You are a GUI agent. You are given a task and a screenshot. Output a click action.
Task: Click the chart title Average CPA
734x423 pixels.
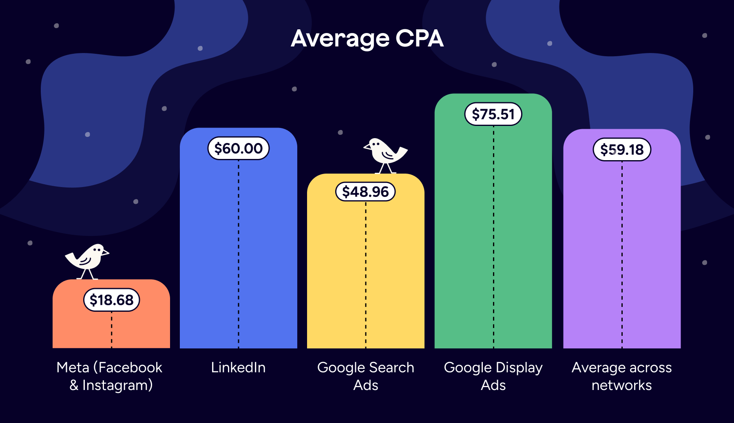[x=367, y=39]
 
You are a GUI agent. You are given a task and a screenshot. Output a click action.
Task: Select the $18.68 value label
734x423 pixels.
[x=111, y=300]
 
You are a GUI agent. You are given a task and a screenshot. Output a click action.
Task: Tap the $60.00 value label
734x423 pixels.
[x=239, y=148]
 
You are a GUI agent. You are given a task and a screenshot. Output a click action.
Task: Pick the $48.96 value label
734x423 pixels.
[x=365, y=192]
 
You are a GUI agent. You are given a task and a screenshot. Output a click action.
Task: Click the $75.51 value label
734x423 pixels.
[x=493, y=114]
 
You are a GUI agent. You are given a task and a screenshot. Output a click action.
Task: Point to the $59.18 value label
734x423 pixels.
[x=622, y=150]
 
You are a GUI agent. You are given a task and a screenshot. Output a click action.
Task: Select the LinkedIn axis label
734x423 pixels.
[x=238, y=368]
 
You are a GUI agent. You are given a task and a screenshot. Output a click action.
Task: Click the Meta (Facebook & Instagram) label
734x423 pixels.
[x=110, y=376]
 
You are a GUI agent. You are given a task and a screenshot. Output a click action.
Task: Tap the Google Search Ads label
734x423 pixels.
[x=365, y=376]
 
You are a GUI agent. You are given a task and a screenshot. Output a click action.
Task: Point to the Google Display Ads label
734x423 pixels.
[x=493, y=376]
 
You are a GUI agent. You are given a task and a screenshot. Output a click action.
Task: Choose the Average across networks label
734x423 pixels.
[x=621, y=376]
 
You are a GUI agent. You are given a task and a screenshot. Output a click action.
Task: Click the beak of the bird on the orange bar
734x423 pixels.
[x=106, y=253]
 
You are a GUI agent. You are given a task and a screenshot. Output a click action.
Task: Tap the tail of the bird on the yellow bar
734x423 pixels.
[x=402, y=151]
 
